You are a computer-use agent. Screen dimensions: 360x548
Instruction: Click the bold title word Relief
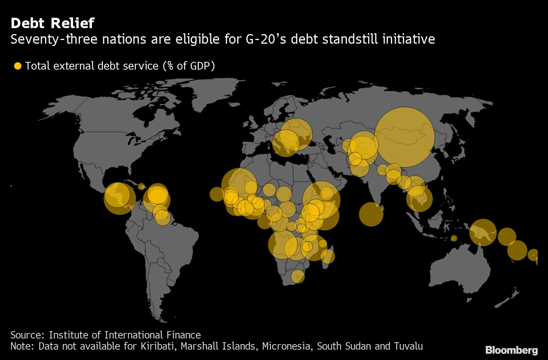point(73,23)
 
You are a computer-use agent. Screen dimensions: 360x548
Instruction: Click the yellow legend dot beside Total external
point(17,66)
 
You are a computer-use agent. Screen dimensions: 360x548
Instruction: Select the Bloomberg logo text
point(511,350)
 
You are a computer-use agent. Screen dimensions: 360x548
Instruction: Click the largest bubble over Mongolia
point(404,137)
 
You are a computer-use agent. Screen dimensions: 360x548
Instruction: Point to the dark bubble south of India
point(371,214)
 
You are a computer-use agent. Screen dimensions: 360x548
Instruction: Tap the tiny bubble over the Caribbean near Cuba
point(141,186)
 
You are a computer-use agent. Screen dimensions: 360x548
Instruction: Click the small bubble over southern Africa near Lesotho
point(297,276)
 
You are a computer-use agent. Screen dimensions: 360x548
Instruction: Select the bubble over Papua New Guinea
point(483,233)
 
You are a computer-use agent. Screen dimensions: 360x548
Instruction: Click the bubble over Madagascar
point(327,256)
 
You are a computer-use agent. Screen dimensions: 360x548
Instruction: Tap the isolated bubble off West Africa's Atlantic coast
point(217,194)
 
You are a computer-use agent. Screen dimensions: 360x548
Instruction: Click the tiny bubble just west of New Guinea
point(454,238)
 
